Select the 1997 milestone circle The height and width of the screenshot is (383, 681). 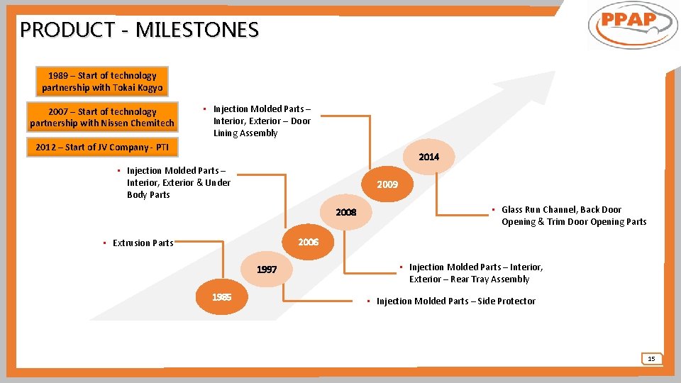point(267,270)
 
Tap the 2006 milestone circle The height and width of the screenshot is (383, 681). point(309,243)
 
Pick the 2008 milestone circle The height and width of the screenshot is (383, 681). point(346,213)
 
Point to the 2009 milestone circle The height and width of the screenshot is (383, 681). point(387,184)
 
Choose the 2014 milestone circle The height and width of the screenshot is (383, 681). point(428,157)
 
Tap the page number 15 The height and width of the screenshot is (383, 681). point(651,359)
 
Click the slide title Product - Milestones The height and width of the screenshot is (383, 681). point(140,30)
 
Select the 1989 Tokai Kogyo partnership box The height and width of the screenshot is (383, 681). point(102,82)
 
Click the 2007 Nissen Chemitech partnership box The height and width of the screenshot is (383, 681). point(102,118)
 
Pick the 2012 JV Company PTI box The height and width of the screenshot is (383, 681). point(102,148)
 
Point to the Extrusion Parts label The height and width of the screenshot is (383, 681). point(143,243)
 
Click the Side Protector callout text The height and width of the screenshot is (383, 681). point(455,301)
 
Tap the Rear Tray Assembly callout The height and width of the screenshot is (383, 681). point(475,273)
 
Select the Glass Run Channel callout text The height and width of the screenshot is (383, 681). point(573,216)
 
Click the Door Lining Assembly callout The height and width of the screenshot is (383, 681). point(261,121)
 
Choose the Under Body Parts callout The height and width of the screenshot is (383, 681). point(178,183)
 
